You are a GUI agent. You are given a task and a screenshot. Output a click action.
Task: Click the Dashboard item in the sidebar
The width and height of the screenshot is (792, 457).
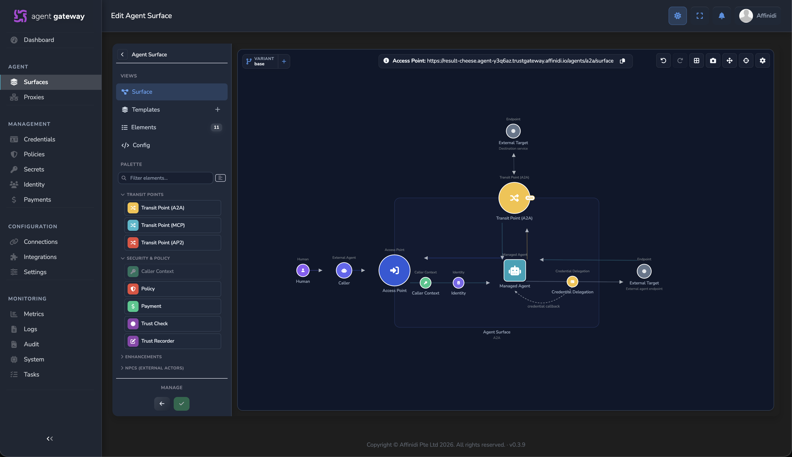[39, 40]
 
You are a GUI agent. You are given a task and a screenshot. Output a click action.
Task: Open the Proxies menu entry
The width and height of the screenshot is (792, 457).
[34, 97]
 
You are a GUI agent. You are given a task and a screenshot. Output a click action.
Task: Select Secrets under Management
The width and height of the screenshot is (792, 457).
[34, 169]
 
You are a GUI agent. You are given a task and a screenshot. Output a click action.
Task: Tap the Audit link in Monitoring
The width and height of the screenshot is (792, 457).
[31, 344]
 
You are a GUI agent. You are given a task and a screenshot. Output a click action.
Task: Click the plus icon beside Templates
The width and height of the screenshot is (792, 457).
[218, 109]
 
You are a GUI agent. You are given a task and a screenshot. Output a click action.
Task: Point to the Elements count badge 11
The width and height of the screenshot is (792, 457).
[216, 127]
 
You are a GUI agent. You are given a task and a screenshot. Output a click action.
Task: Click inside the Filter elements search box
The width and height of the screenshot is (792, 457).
[166, 178]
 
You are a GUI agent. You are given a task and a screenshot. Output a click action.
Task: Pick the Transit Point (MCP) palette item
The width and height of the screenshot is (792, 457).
[173, 225]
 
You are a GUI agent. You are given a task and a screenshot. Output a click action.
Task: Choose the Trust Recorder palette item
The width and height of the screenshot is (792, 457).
[173, 341]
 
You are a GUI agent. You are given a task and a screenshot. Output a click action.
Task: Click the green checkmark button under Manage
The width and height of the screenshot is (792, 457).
[181, 404]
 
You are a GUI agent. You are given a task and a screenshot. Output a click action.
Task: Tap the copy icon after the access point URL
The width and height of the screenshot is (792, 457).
[622, 61]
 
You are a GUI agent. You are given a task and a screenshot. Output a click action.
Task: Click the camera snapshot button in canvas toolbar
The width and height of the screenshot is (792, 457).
[713, 61]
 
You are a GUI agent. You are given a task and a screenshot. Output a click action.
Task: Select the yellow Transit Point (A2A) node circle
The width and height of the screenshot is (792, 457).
[514, 198]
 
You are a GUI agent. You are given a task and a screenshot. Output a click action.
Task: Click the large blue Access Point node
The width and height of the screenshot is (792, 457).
[394, 270]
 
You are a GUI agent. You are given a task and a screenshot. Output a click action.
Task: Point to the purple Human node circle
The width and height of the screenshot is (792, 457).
[303, 270]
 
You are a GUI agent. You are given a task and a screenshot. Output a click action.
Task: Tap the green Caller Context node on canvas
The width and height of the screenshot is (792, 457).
[425, 283]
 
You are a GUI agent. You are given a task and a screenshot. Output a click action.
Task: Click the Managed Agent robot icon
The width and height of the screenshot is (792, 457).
[515, 270]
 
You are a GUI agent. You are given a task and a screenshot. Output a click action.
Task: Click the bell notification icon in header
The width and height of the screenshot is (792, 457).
[722, 16]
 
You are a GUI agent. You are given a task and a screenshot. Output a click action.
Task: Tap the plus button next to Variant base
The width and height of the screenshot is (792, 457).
[284, 61]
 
